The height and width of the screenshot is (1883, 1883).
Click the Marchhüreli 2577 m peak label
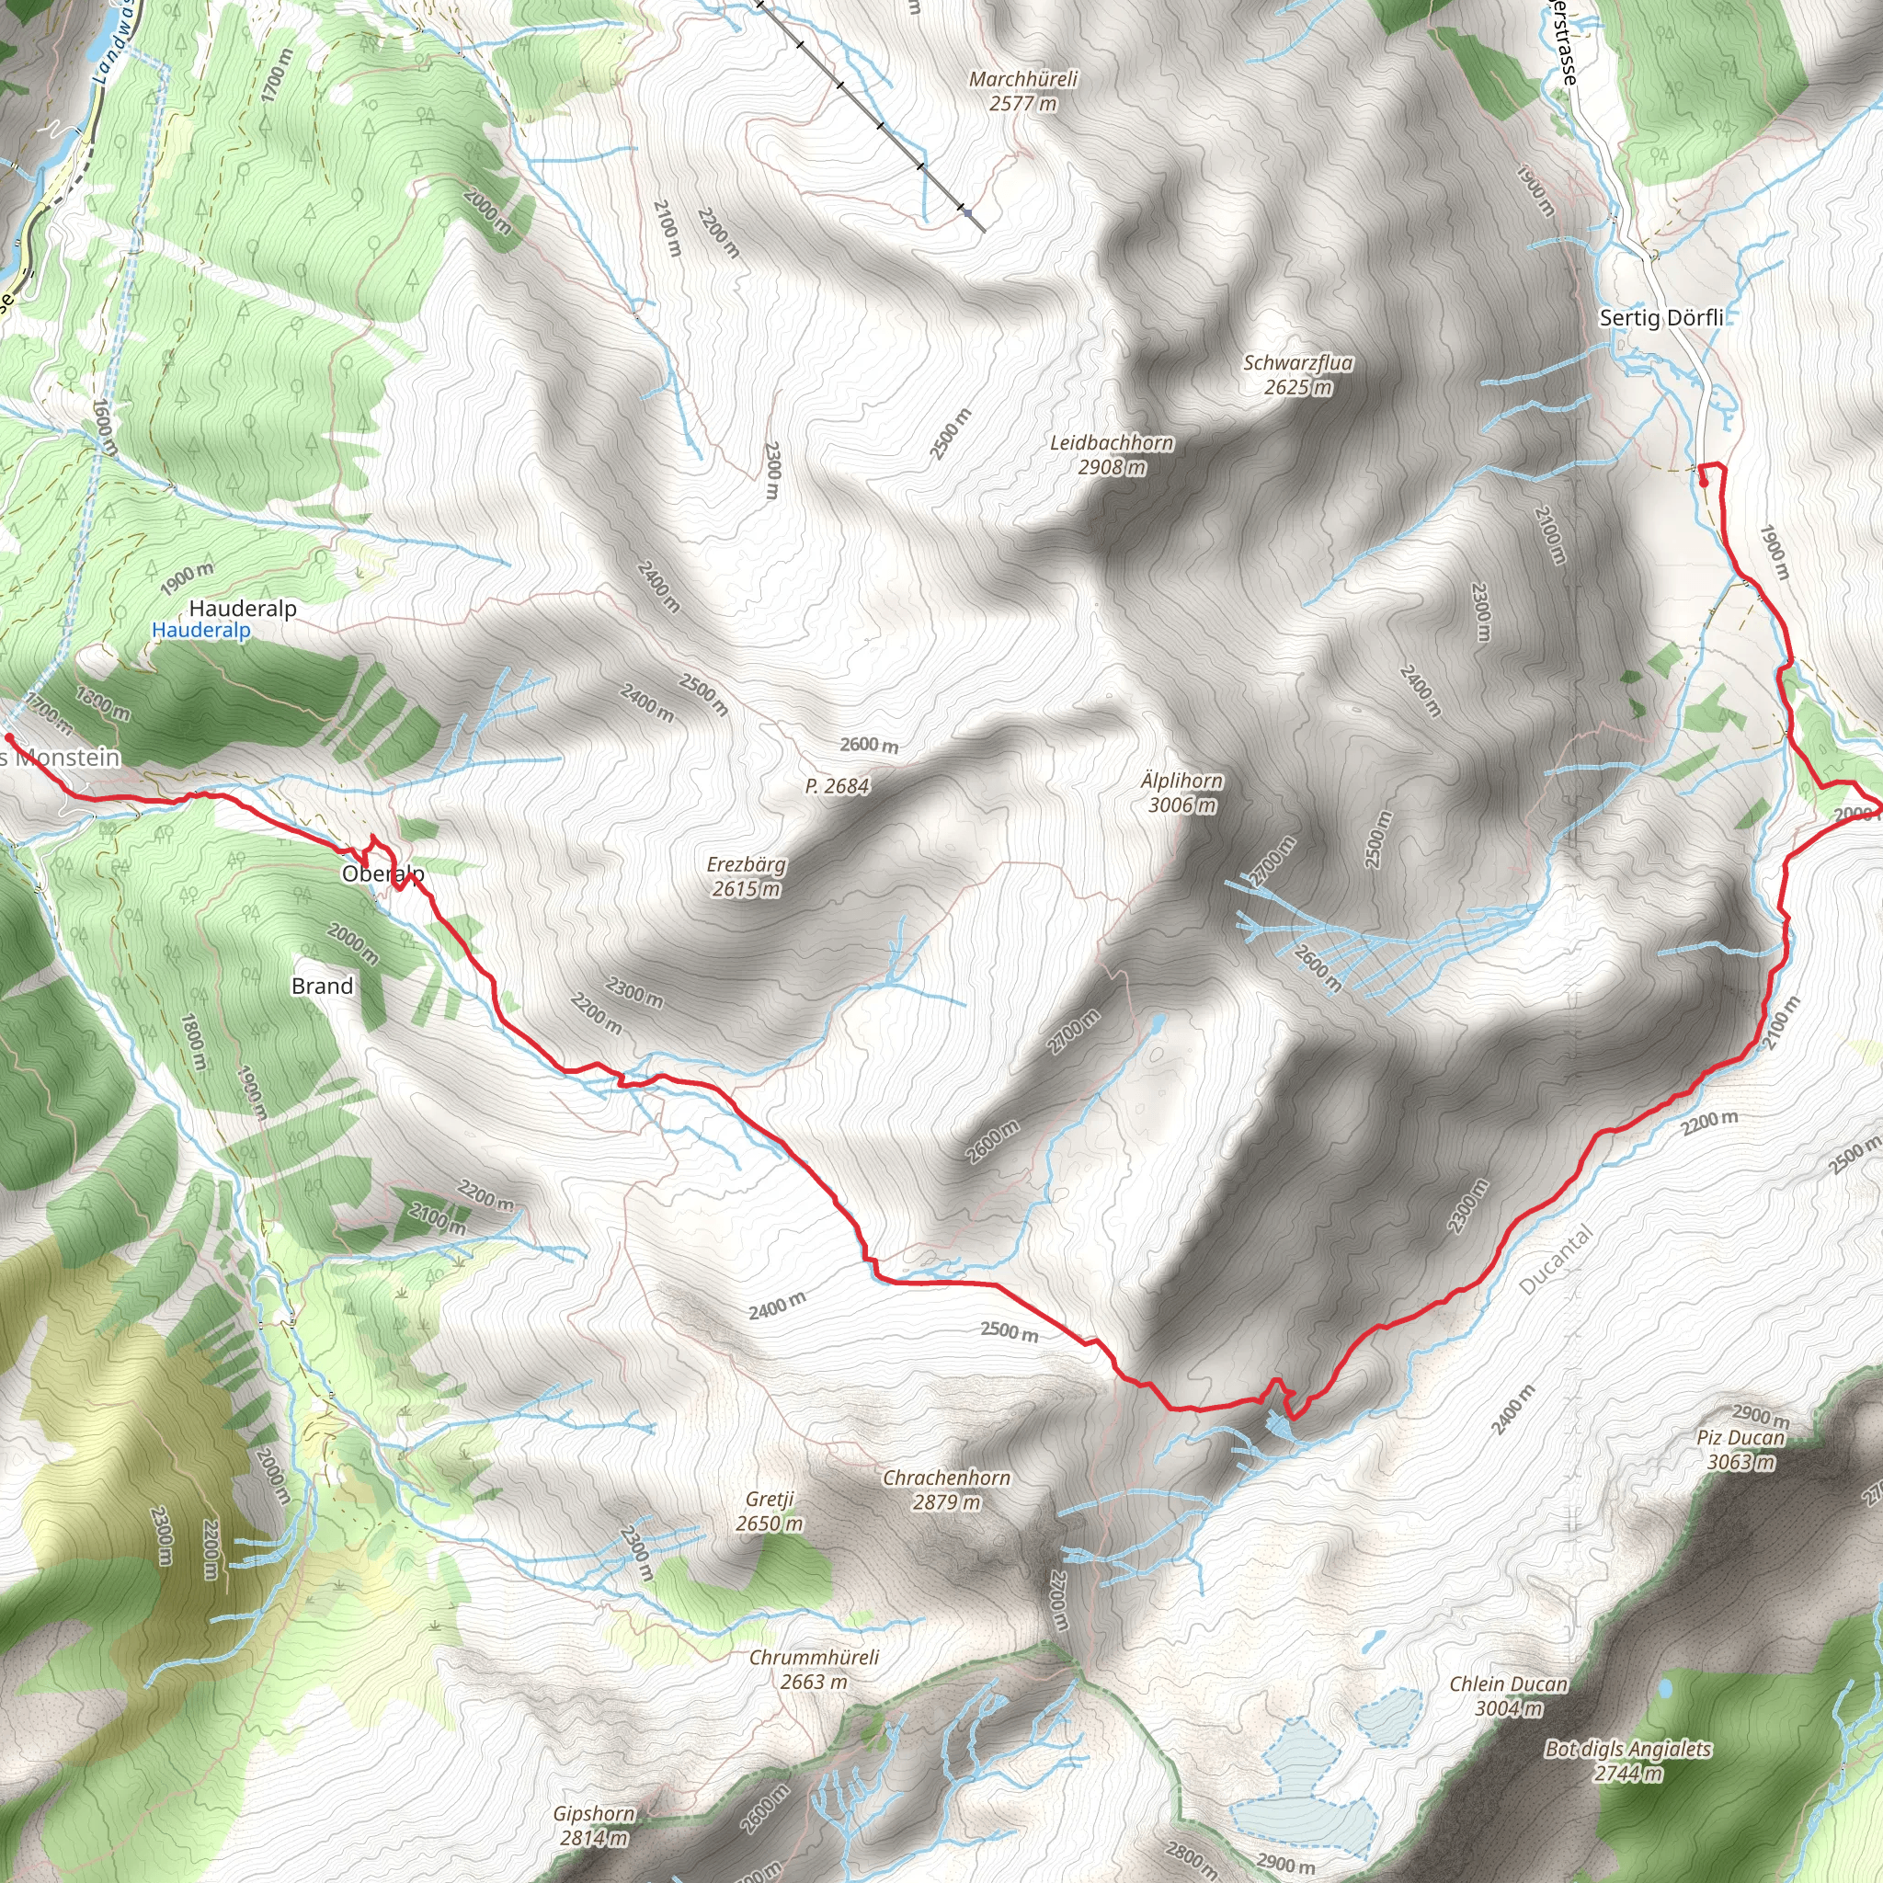(x=1022, y=91)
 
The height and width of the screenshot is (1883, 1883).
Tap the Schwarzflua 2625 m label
(x=1297, y=374)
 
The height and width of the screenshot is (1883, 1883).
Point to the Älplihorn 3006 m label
(x=1181, y=793)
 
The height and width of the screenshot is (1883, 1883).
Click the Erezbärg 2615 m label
(x=746, y=876)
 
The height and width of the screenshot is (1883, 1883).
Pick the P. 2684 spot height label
(x=837, y=786)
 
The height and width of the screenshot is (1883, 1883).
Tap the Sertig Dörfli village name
(x=1660, y=318)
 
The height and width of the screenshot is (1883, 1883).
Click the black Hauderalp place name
(x=243, y=608)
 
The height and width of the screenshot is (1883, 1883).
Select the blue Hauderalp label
(x=200, y=631)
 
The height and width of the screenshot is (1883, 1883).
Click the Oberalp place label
(x=382, y=873)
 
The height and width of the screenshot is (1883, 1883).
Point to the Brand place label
(x=322, y=987)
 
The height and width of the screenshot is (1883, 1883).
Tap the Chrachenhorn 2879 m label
(x=945, y=1489)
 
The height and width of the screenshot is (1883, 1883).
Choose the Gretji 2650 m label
(x=769, y=1511)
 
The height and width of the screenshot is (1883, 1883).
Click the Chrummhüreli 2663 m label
(x=814, y=1669)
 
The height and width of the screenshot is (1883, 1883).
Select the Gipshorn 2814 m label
(x=594, y=1825)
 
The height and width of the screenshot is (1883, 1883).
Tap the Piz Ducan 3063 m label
(x=1740, y=1449)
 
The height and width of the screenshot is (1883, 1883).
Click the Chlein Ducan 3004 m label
(x=1508, y=1695)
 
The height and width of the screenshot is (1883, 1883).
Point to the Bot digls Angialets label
(x=1627, y=1750)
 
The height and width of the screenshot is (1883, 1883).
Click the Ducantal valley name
(x=1556, y=1260)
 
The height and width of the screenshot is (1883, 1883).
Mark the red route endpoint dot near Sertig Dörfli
(x=1703, y=482)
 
